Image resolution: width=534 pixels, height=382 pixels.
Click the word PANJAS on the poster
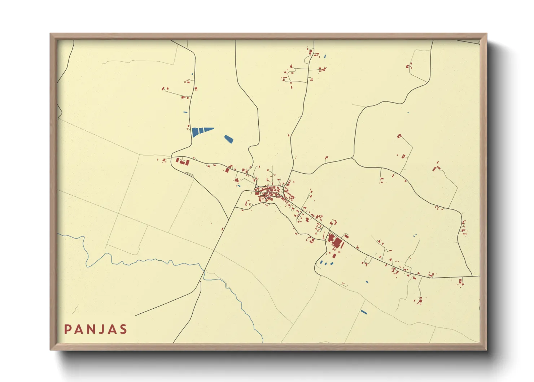coord(96,329)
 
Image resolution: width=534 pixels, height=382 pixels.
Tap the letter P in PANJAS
coord(67,329)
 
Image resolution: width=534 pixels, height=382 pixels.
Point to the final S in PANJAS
coord(124,329)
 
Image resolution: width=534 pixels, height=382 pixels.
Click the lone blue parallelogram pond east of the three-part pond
coord(229,139)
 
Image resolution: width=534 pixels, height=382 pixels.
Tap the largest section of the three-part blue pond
coord(195,132)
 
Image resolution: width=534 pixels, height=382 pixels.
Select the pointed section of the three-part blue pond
coord(209,129)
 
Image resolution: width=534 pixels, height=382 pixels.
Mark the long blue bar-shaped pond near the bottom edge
coord(364,312)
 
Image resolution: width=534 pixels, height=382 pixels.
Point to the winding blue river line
coord(144,261)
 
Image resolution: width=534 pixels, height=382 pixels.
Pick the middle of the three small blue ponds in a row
coord(326,263)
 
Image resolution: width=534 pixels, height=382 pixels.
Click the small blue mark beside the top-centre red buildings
coord(325,56)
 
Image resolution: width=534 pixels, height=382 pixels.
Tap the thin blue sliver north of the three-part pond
coord(185,112)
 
